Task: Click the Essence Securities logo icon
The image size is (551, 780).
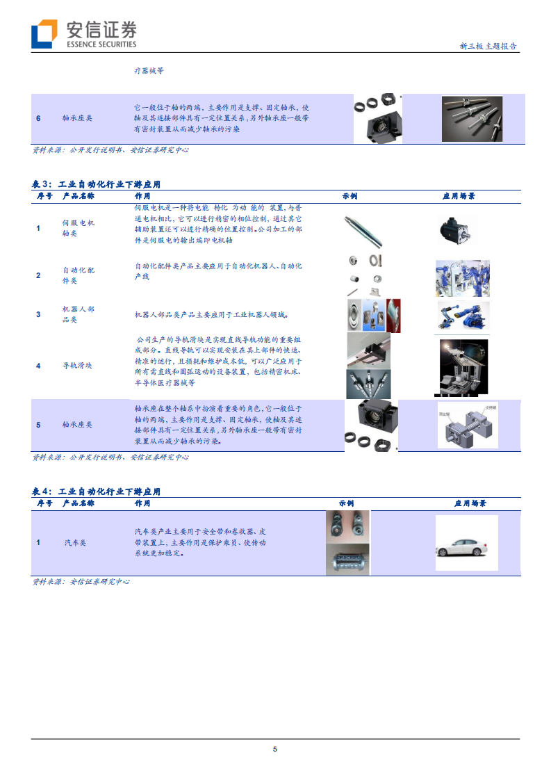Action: [44, 33]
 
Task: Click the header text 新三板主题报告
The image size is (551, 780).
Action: [488, 47]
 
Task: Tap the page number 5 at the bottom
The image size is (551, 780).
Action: [275, 749]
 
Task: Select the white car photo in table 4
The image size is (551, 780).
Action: [466, 544]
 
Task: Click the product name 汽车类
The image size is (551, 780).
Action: [78, 542]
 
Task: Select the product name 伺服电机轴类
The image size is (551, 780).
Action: [78, 228]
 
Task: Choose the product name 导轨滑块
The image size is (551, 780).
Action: [78, 365]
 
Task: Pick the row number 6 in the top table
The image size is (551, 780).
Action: [38, 118]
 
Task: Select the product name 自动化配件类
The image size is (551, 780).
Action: [78, 275]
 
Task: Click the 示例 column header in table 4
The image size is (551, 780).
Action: [347, 503]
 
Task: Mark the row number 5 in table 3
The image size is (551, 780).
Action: [38, 424]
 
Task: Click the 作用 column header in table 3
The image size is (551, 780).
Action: [142, 196]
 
